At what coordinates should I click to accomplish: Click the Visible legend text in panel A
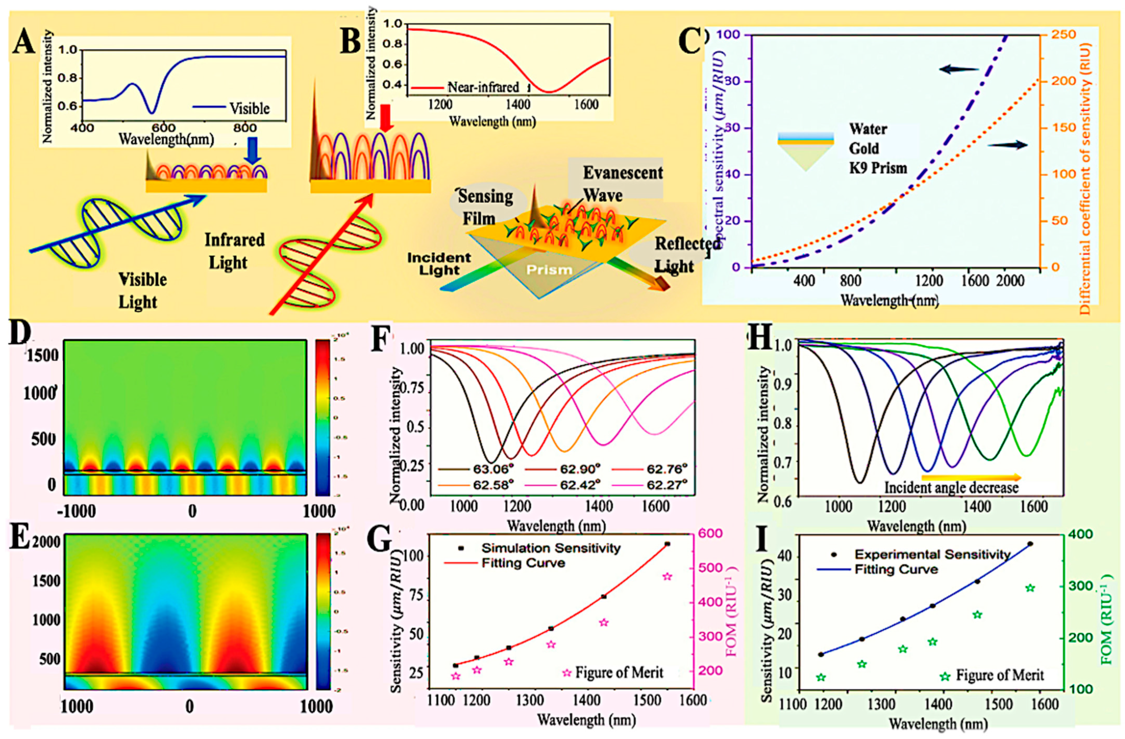pos(249,109)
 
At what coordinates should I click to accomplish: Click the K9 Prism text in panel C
pos(878,168)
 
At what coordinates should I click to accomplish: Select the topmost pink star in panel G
pos(667,576)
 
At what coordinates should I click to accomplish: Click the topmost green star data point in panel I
pos(1031,588)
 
